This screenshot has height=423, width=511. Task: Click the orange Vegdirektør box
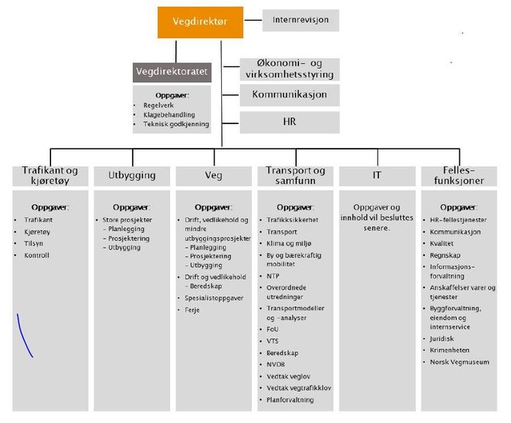201,22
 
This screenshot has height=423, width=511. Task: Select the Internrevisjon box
300,20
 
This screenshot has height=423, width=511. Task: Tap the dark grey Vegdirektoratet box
172,72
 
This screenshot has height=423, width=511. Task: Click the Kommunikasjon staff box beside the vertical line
290,95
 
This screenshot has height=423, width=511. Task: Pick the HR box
290,123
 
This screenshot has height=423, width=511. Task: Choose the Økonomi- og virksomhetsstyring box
290,69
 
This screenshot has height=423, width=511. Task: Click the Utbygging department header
132,176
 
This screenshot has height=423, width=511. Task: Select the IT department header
378,176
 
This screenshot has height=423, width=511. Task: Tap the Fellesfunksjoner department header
459,176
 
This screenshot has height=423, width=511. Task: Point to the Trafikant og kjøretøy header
50,176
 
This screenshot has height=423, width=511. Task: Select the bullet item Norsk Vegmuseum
459,362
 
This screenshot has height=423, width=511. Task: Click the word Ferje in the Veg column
192,310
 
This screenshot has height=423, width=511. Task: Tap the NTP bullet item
273,276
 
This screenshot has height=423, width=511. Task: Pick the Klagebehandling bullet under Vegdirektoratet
169,114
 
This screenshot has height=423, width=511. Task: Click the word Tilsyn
34,244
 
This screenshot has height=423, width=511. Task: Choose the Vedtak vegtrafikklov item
299,388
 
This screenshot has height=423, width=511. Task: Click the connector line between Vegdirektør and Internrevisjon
253,20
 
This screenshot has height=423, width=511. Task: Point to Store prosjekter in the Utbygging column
127,220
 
